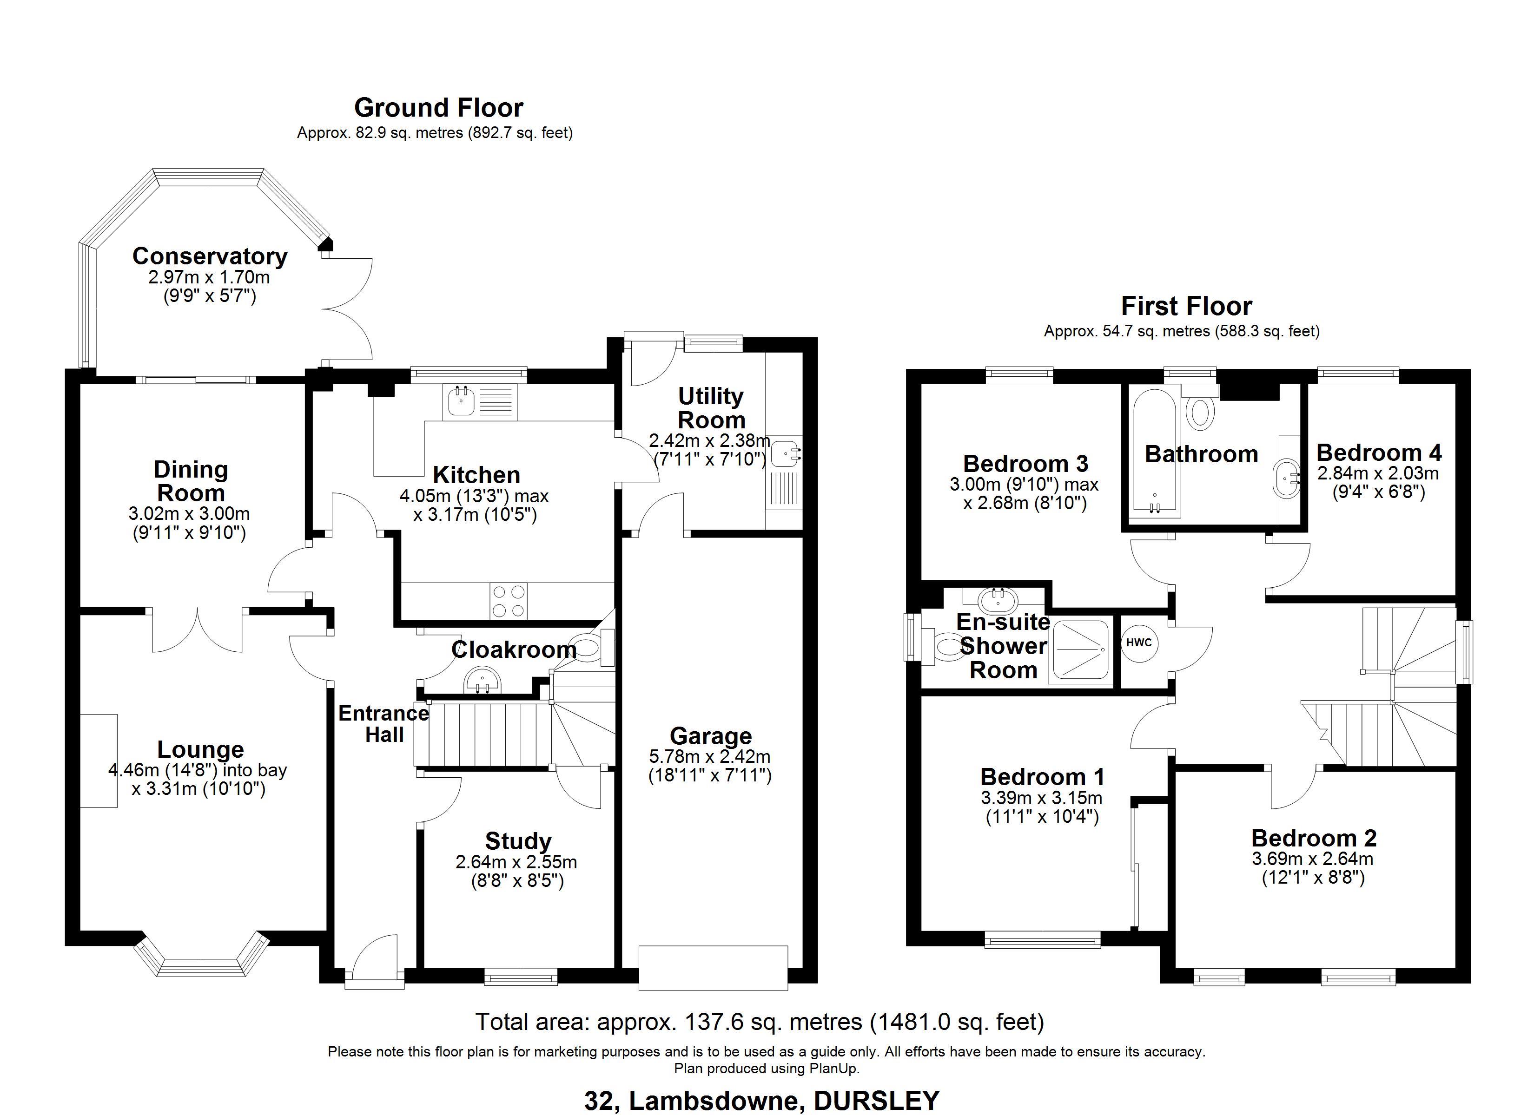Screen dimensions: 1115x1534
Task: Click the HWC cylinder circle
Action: pyautogui.click(x=1139, y=643)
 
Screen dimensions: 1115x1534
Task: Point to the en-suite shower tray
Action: pyautogui.click(x=1080, y=650)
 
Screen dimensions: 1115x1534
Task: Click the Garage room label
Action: pyautogui.click(x=711, y=736)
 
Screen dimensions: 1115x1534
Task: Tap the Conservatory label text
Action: pyautogui.click(x=210, y=256)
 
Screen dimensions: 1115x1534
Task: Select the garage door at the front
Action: pyautogui.click(x=713, y=968)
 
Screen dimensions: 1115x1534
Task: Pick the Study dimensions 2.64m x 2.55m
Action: pyautogui.click(x=516, y=862)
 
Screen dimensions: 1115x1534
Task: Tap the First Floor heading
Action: pyautogui.click(x=1186, y=306)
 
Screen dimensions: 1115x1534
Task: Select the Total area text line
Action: pyautogui.click(x=760, y=1022)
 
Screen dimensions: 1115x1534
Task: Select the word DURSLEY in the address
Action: pyautogui.click(x=877, y=1101)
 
